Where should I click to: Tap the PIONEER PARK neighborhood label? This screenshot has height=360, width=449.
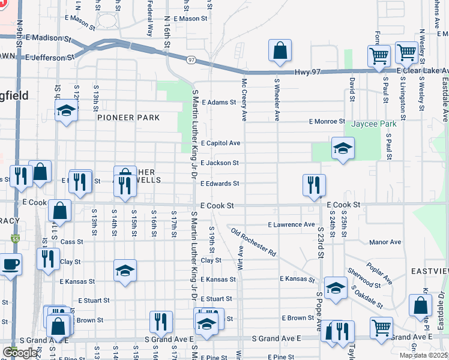(129, 118)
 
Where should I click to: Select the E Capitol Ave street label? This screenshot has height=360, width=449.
(220, 143)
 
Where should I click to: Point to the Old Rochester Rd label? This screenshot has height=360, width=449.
(253, 242)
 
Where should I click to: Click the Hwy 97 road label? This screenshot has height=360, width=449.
(309, 73)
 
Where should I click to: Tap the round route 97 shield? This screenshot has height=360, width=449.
(191, 60)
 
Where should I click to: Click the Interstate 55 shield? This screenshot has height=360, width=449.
(14, 239)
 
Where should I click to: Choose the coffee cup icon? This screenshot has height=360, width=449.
(10, 265)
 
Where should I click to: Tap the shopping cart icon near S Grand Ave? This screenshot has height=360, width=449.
(381, 328)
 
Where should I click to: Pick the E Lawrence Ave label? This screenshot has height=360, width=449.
(291, 224)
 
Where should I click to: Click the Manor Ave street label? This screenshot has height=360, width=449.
(385, 242)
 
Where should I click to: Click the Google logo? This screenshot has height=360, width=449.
(20, 353)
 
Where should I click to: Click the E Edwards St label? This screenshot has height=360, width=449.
(220, 184)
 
